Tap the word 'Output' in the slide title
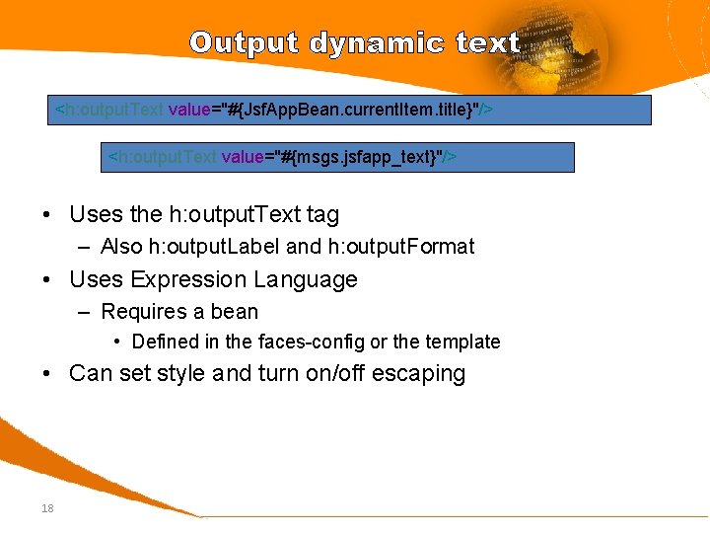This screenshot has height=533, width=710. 245,43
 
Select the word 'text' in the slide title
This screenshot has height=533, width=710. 487,43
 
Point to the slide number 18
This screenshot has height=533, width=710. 47,508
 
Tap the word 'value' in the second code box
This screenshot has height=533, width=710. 242,157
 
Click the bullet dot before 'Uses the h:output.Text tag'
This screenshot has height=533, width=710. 47,215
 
